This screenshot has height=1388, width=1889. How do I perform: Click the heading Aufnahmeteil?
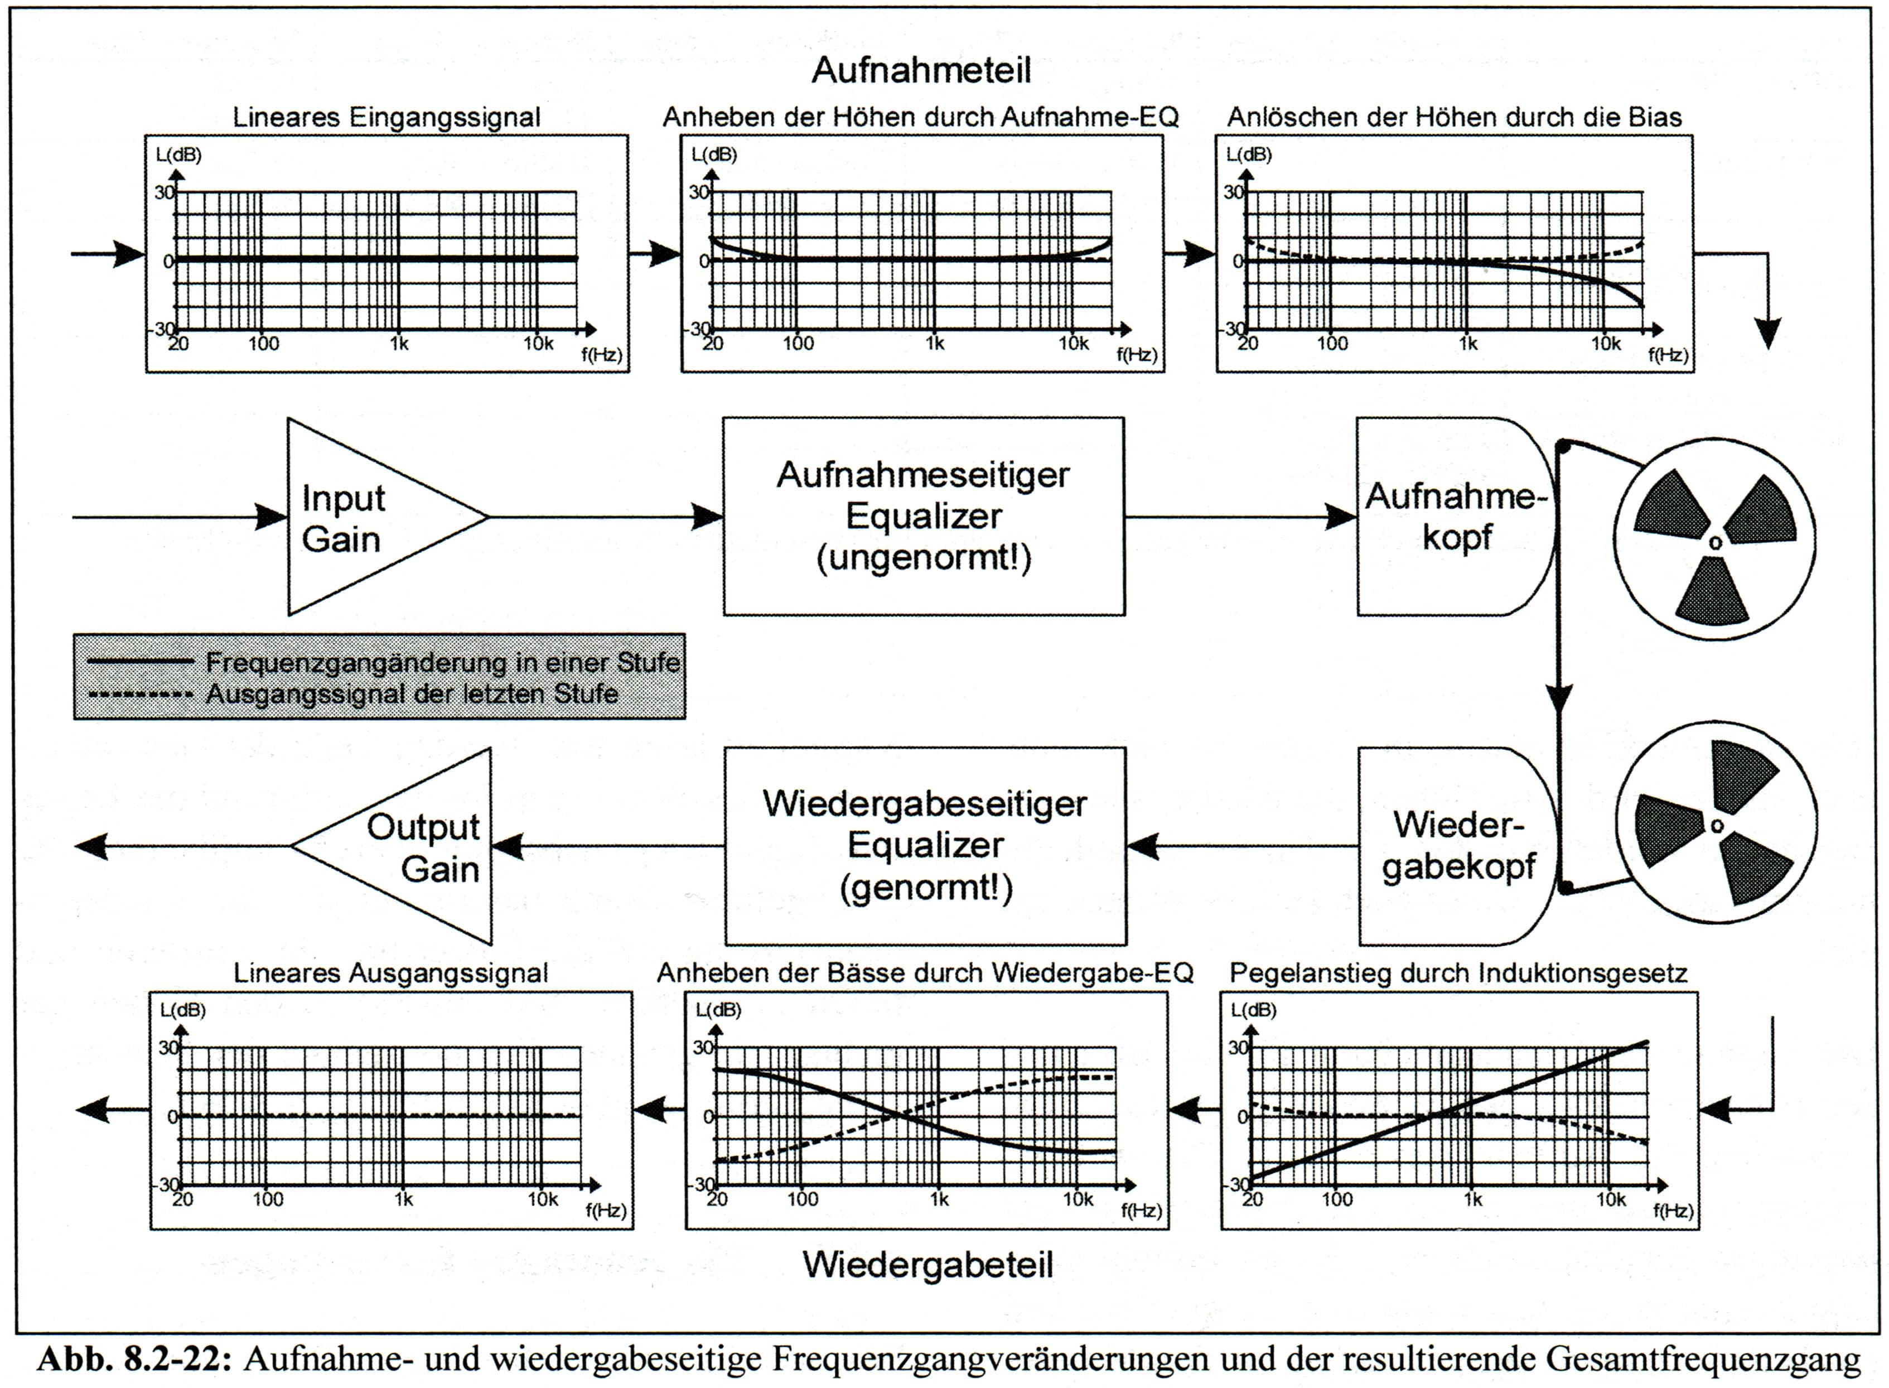(921, 71)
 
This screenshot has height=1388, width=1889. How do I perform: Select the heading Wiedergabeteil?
(927, 1265)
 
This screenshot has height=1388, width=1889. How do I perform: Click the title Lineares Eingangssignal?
(387, 118)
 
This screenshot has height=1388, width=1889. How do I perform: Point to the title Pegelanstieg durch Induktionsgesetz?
(1458, 973)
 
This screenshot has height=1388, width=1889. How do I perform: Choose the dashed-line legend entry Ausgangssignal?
(412, 694)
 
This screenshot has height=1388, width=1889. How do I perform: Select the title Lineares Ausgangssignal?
(390, 973)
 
